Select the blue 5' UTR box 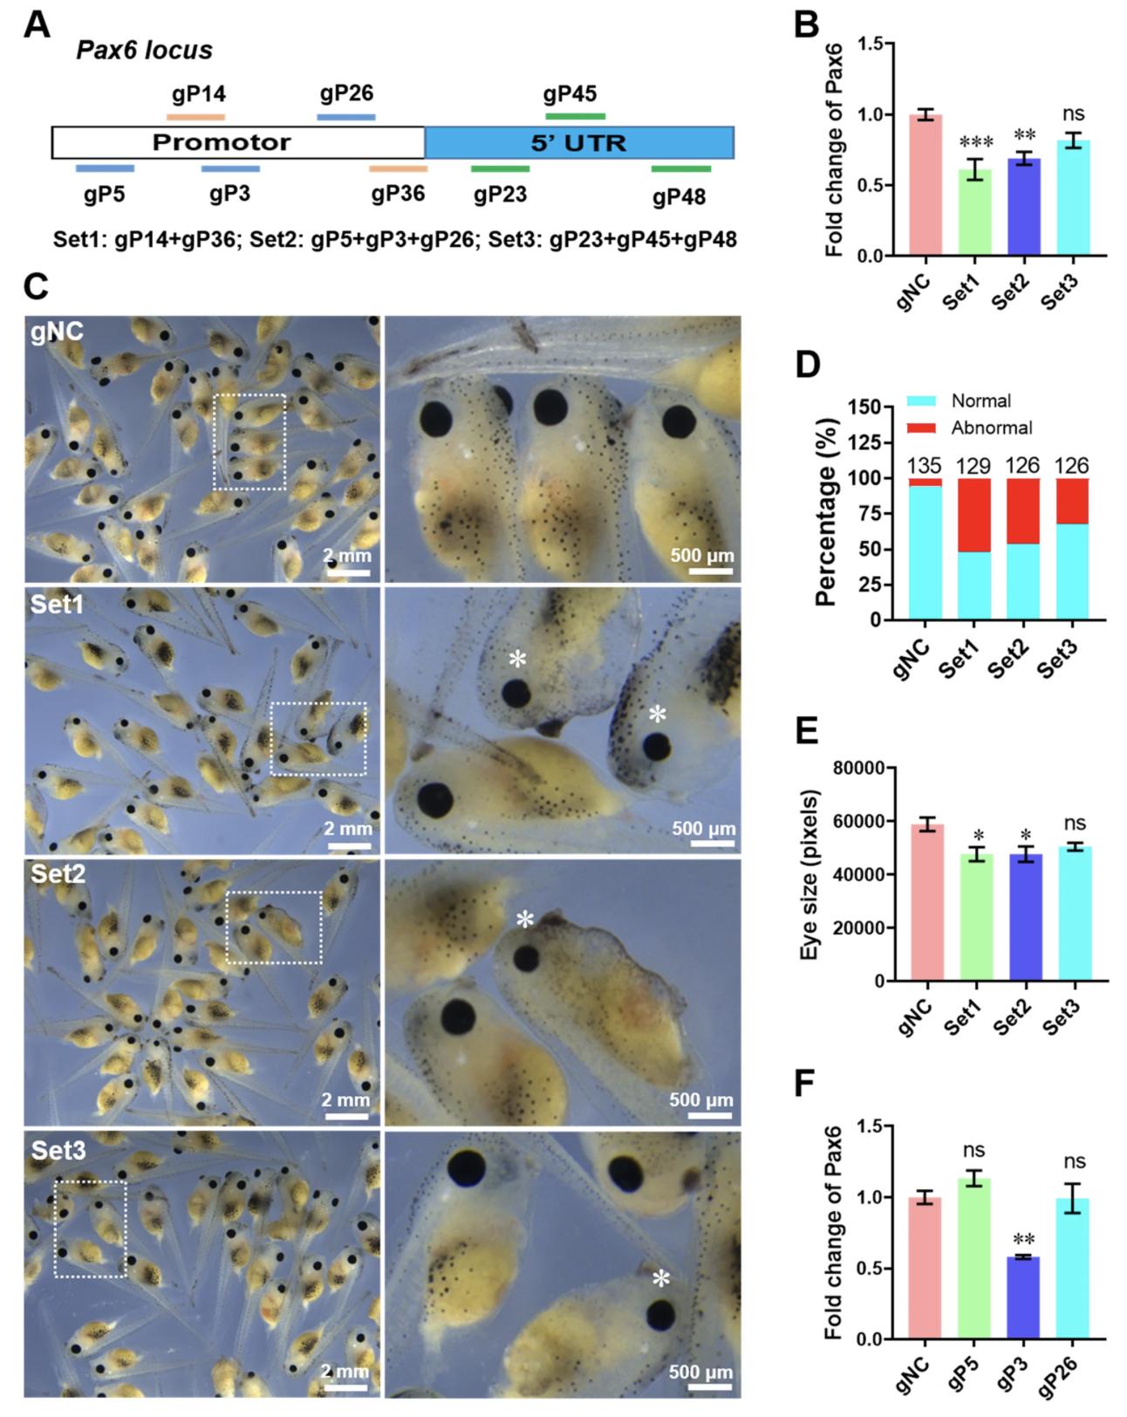[x=578, y=142]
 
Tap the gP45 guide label [x=570, y=93]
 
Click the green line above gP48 [x=680, y=168]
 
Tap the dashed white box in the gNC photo [x=249, y=442]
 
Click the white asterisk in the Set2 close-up [x=524, y=919]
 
